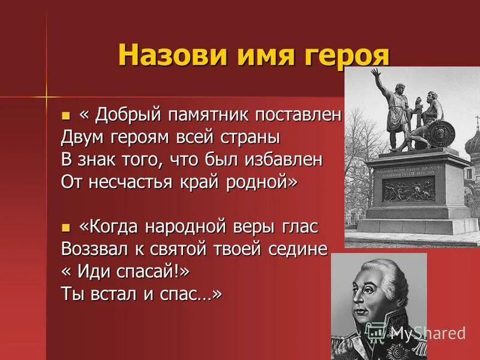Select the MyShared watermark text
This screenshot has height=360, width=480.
coord(427,333)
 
